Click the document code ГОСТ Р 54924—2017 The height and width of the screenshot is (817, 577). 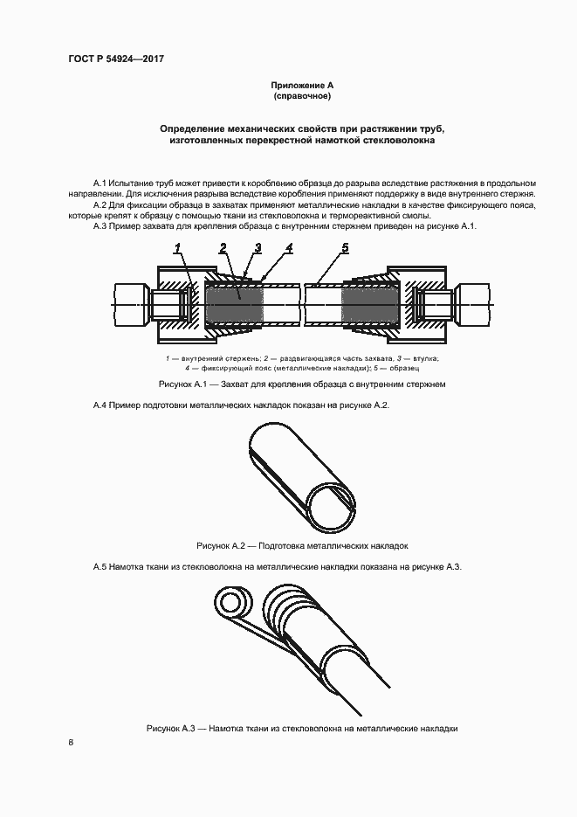(x=116, y=59)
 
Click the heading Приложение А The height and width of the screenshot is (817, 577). (x=302, y=85)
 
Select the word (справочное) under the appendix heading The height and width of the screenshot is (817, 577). (x=302, y=95)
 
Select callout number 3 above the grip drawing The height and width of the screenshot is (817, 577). (x=258, y=249)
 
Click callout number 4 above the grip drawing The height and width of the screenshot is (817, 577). (x=289, y=249)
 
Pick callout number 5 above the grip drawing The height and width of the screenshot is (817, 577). (x=346, y=249)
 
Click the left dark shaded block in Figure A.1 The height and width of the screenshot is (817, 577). (x=233, y=308)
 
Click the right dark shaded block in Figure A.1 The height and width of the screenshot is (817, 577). (x=370, y=308)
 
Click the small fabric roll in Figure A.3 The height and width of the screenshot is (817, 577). (x=234, y=604)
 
